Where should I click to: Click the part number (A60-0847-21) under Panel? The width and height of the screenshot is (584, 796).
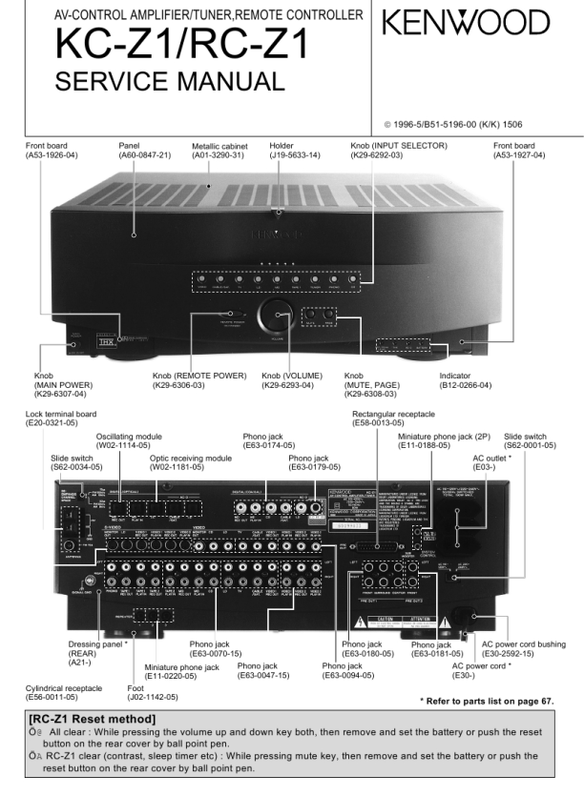144,154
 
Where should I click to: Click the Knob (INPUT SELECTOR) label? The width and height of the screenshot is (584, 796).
393,146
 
